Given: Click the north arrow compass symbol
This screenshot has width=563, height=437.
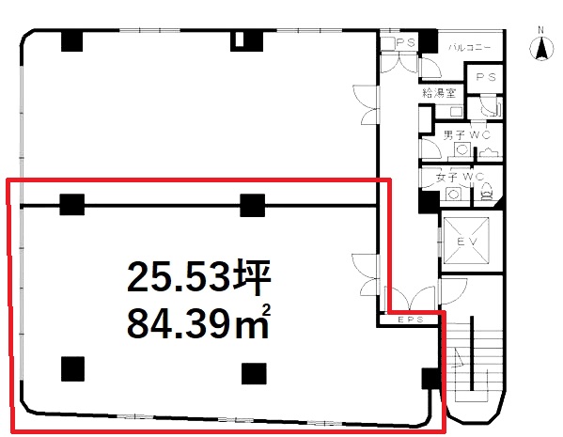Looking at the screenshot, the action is [541, 49].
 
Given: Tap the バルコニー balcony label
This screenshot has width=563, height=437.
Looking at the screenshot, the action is [470, 47].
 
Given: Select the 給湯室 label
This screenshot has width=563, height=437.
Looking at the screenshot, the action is [439, 93].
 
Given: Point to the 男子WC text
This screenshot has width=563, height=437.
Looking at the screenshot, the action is [466, 135].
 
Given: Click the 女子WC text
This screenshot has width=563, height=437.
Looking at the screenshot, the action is [460, 177].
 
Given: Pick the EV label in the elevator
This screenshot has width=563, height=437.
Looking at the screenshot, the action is [467, 242].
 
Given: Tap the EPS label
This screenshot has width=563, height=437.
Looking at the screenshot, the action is [411, 320].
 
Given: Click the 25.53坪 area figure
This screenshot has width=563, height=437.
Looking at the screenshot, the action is [198, 277].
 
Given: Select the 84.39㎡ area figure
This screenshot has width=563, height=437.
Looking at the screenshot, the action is [198, 322].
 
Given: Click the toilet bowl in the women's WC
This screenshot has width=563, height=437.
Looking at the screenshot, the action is [487, 193].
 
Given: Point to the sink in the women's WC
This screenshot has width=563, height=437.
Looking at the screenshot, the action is [453, 195].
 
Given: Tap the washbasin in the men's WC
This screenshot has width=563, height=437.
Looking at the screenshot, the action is [461, 149].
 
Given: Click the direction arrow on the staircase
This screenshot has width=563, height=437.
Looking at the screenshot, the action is [460, 357].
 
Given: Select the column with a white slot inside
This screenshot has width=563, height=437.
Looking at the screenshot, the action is [246, 41].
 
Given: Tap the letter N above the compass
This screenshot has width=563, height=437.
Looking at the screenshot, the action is [541, 30].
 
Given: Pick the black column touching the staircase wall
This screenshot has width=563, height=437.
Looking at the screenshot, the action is [430, 379].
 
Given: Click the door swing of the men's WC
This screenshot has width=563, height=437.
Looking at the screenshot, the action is [430, 148].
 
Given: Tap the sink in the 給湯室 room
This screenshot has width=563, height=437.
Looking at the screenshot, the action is [456, 112].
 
